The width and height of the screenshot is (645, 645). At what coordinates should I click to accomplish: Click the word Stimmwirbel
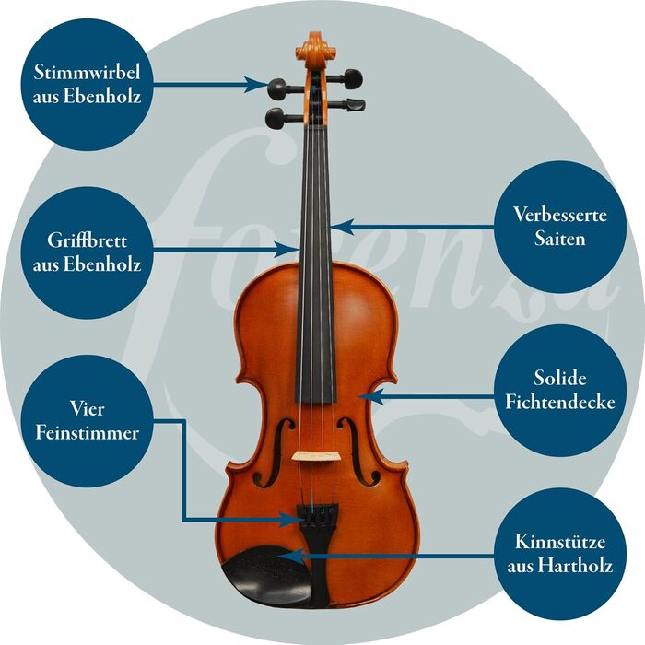coord(87,73)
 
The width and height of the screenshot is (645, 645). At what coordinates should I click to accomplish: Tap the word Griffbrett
coord(87,240)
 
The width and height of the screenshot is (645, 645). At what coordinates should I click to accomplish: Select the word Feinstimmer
coord(87,433)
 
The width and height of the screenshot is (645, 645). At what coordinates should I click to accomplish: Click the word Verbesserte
coord(560,215)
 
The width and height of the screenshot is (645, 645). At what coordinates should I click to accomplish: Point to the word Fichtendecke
coord(560,402)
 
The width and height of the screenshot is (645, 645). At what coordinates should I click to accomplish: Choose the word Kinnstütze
coord(560,542)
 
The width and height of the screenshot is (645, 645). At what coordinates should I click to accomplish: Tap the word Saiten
coord(560,239)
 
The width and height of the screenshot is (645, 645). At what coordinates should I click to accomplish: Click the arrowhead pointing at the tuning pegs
coord(256,85)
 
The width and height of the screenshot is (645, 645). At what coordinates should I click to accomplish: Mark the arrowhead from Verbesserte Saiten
coord(342,227)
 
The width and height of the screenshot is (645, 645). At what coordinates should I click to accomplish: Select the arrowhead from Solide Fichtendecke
coord(370,397)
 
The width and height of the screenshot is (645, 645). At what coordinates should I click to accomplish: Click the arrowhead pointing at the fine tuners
coord(291,520)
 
